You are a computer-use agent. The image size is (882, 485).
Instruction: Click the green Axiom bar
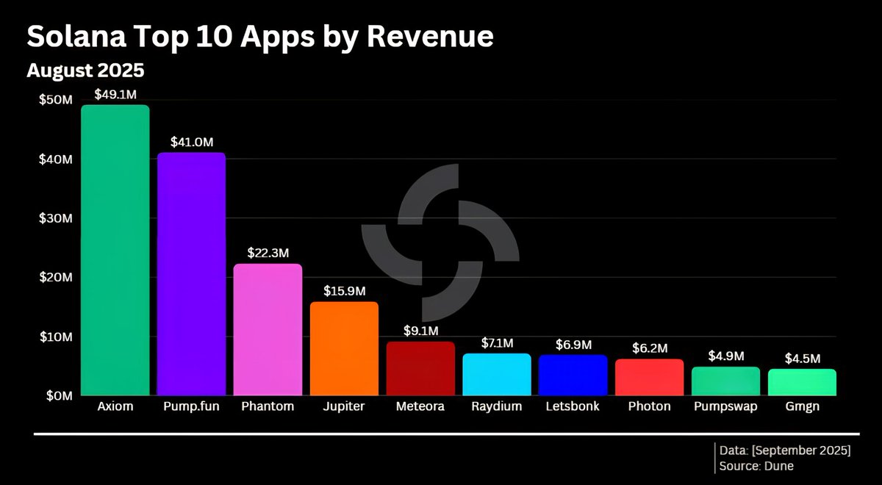point(115,250)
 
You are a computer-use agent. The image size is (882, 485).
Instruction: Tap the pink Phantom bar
point(268,329)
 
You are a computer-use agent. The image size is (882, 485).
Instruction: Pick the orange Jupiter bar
point(344,348)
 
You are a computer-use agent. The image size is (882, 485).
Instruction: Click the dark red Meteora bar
point(420,368)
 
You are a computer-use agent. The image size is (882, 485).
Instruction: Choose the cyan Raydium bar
point(497,375)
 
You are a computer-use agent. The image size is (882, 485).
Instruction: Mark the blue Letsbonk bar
point(573,376)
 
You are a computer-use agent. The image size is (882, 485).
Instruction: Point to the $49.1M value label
point(115,95)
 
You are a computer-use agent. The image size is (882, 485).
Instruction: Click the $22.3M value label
point(268,253)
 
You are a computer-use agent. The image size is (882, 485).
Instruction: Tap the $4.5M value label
point(803,359)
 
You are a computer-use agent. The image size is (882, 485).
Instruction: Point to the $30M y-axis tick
point(56,219)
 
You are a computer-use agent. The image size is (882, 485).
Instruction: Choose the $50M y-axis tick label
point(56,100)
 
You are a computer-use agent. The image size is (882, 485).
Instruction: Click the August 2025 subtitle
point(85,71)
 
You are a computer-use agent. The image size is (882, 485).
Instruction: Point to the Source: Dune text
point(757,466)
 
